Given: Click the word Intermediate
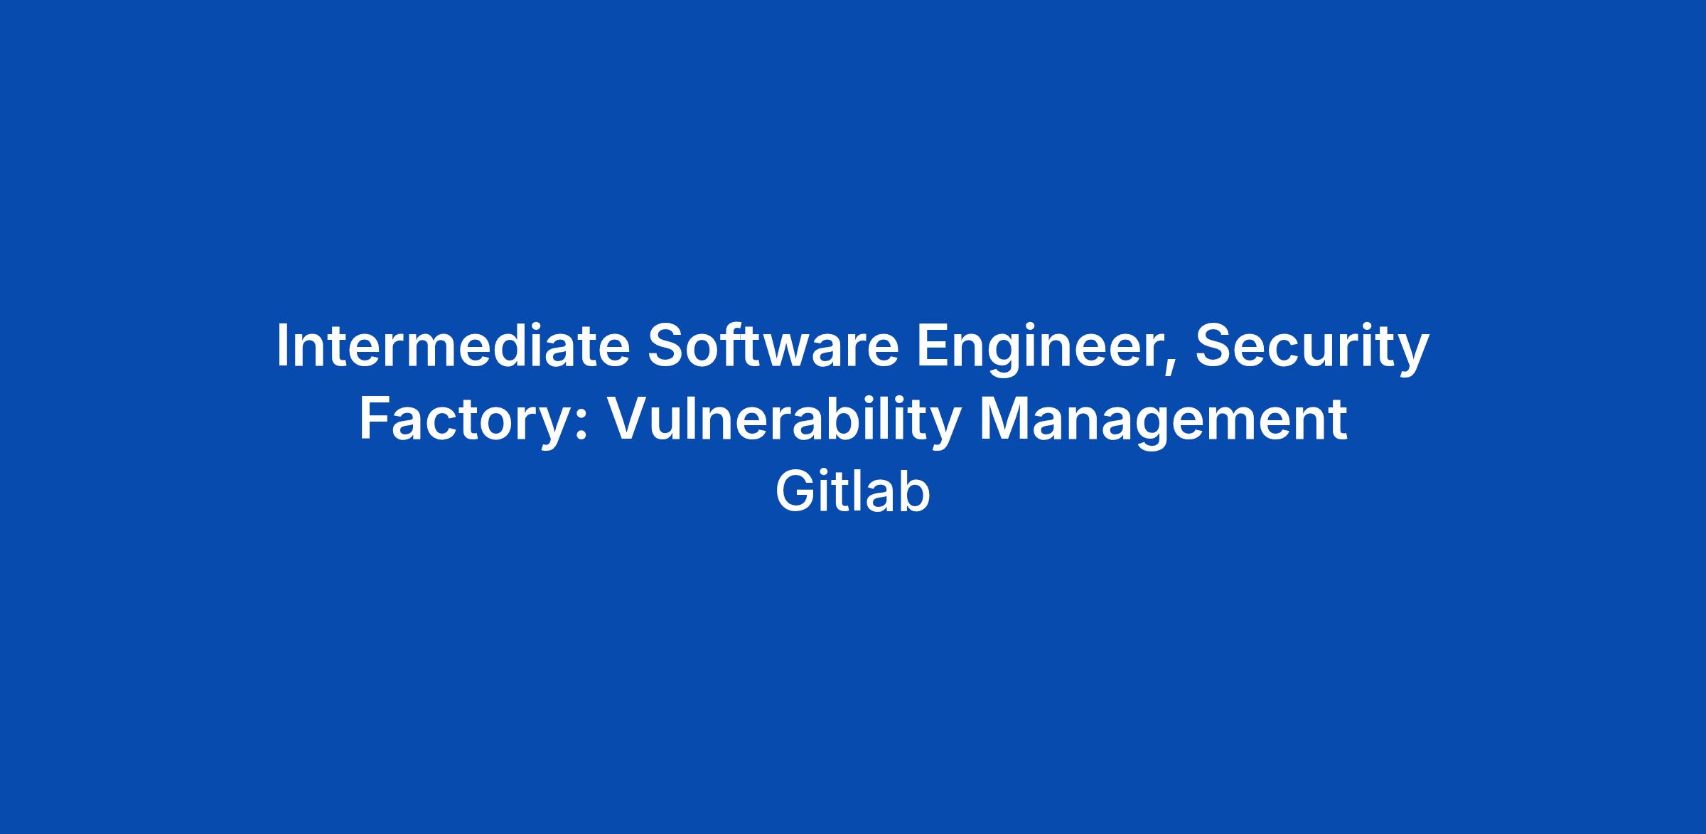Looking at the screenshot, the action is [454, 346].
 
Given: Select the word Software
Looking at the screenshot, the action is [773, 346].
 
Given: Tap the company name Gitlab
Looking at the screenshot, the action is [852, 492].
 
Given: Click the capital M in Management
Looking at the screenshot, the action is [1003, 419].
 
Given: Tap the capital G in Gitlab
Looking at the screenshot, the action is [795, 492].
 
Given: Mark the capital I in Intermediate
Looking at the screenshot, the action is [282, 346].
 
